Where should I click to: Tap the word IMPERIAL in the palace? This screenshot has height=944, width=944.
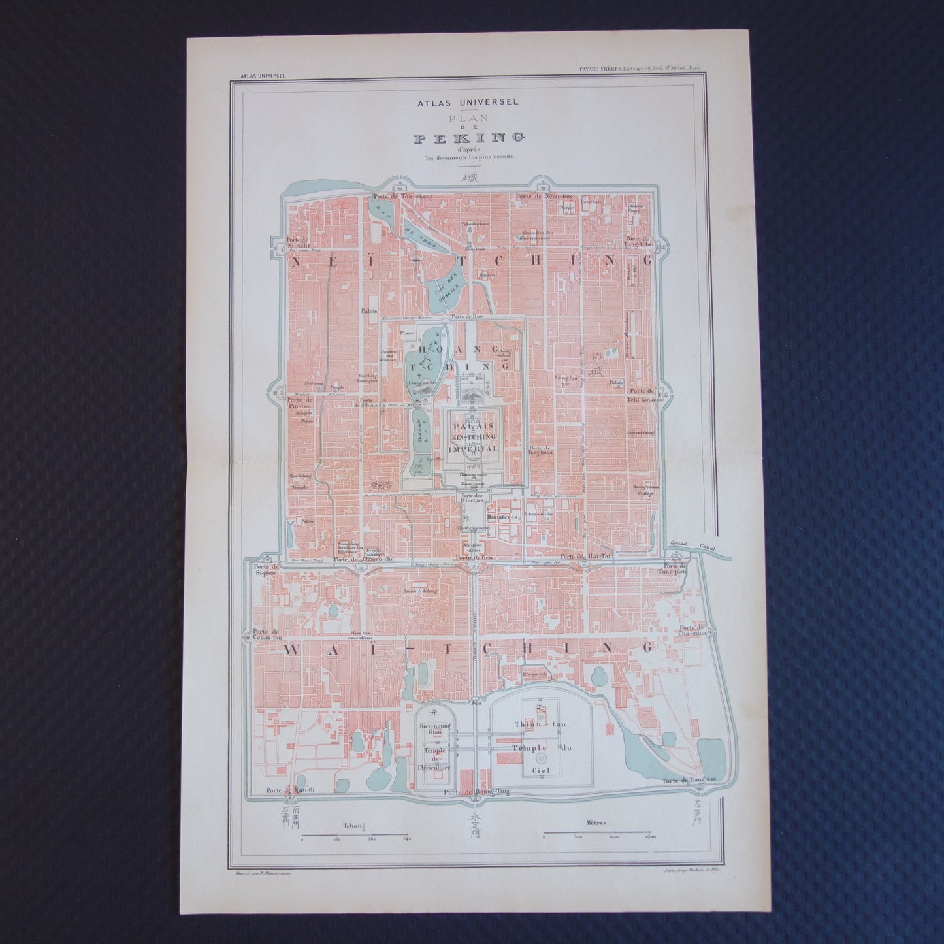click(473, 449)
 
